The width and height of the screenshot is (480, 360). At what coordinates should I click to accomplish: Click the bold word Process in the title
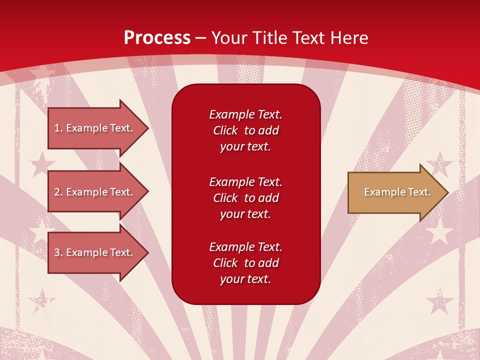pyautogui.click(x=157, y=38)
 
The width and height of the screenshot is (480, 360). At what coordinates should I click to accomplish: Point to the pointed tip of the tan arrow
pyautogui.click(x=446, y=192)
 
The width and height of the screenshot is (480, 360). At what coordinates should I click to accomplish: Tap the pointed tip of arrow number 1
pyautogui.click(x=146, y=128)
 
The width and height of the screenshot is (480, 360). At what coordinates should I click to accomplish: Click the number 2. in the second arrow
pyautogui.click(x=58, y=192)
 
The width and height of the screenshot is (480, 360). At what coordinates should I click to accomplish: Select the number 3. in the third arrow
pyautogui.click(x=58, y=252)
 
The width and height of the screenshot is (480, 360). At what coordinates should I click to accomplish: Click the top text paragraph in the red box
pyautogui.click(x=245, y=130)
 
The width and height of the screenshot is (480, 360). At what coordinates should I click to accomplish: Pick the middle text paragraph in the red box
pyautogui.click(x=245, y=198)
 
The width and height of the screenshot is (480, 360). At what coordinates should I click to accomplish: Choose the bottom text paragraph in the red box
pyautogui.click(x=245, y=263)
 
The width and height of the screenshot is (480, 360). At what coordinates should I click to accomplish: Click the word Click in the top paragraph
pyautogui.click(x=225, y=131)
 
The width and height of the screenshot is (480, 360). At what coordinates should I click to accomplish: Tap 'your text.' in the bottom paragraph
pyautogui.click(x=245, y=279)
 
